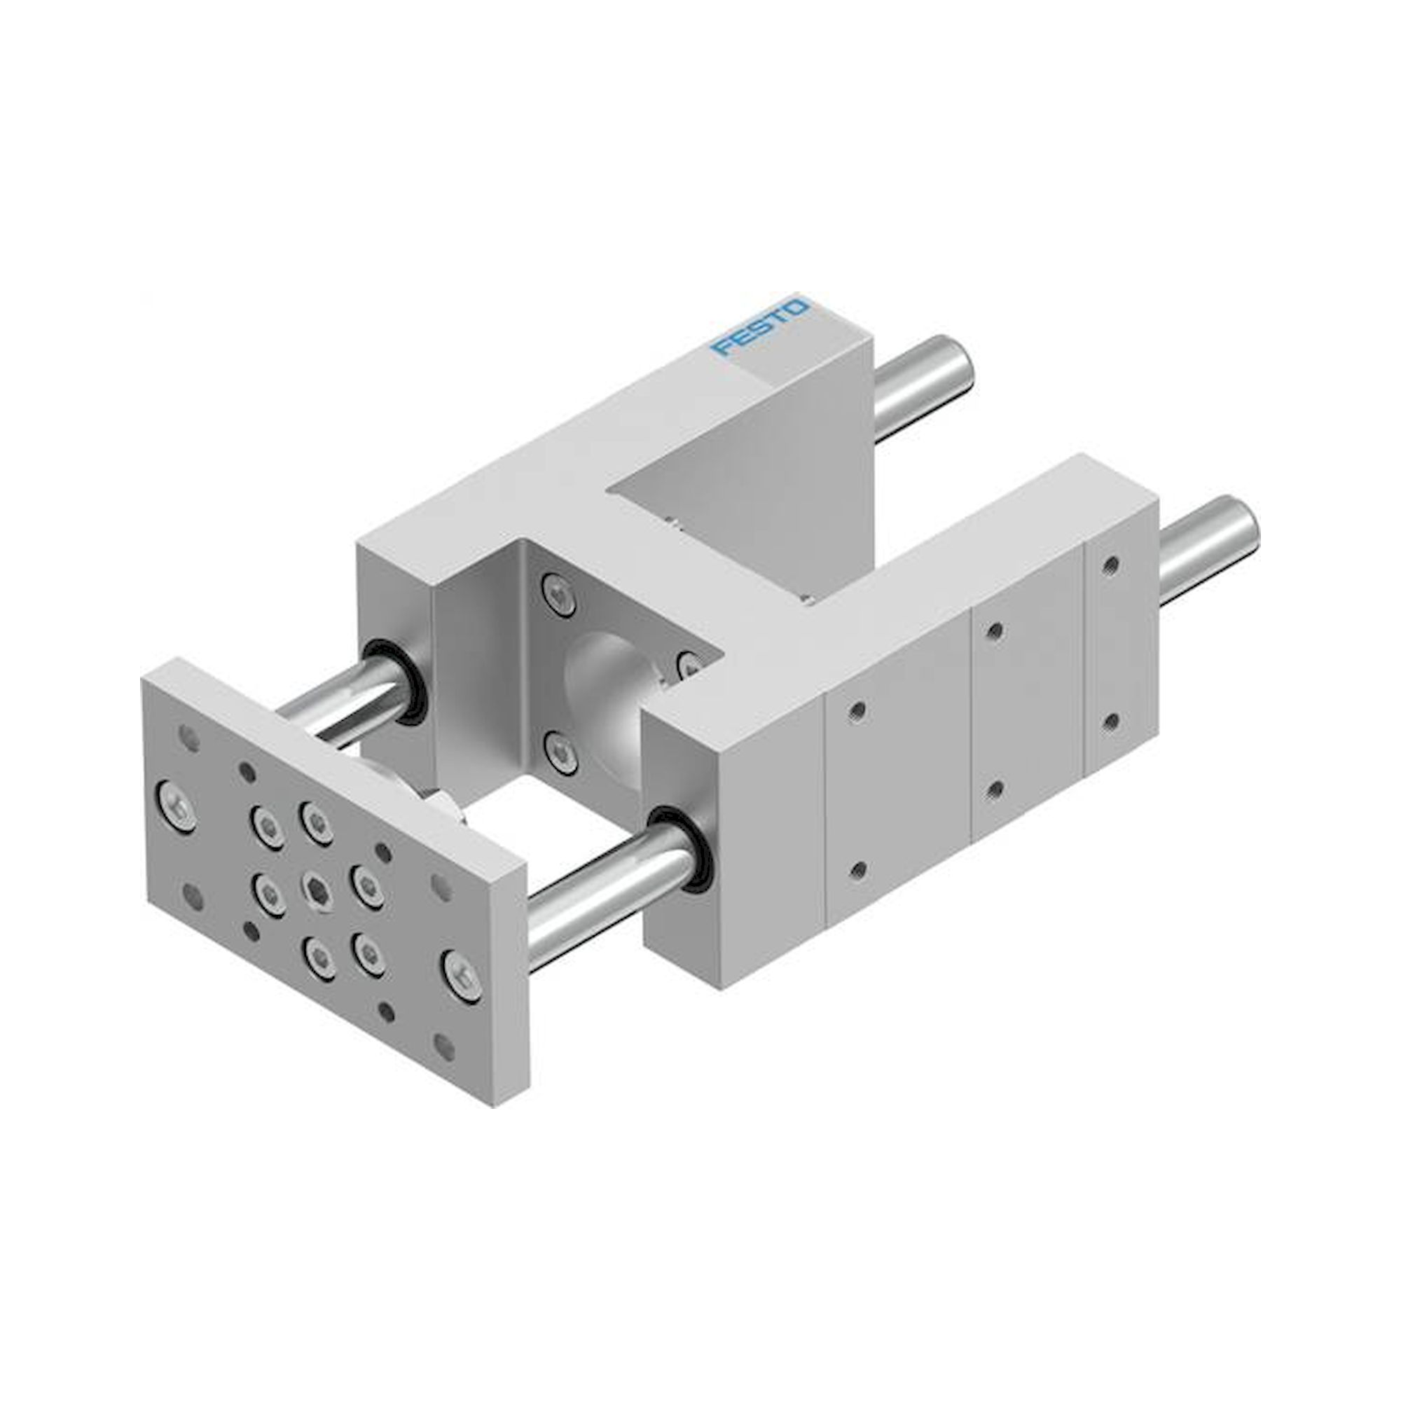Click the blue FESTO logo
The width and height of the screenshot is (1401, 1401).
760,328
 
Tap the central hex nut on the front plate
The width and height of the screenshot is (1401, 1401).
314,886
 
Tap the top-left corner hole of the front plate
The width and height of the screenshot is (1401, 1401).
189,738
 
